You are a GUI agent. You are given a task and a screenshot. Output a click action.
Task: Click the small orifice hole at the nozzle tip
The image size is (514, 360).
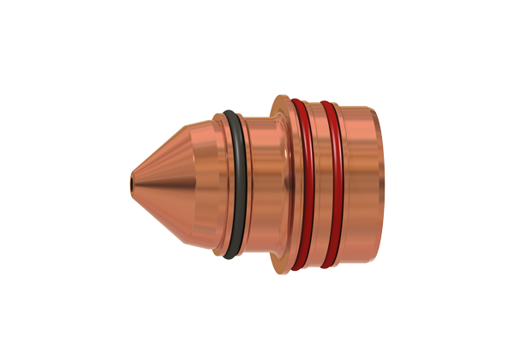click(131, 182)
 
